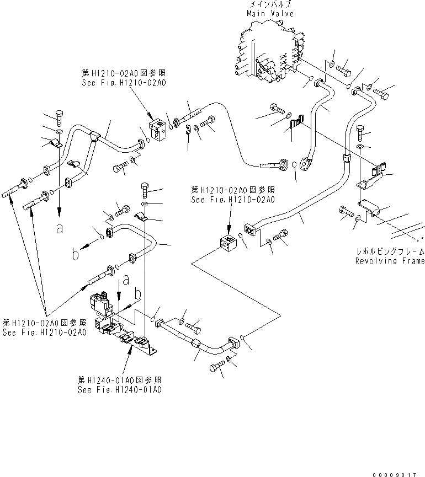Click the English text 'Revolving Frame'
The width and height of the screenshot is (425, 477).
coord(390,261)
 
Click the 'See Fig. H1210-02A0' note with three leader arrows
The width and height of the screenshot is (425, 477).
coord(45,333)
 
